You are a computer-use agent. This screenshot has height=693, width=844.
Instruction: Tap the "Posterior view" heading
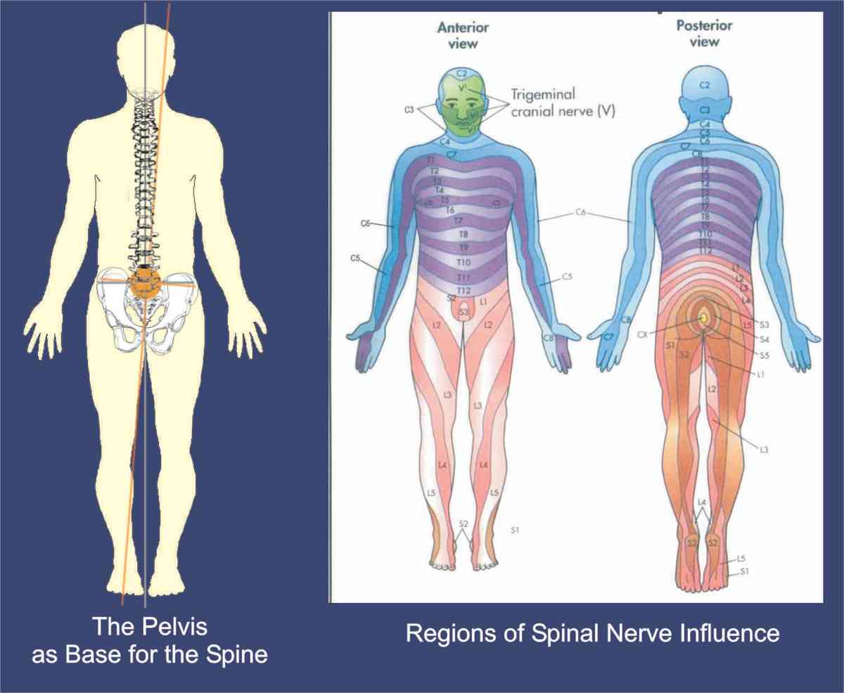point(704,34)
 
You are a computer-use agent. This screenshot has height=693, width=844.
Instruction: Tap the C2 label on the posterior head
point(705,85)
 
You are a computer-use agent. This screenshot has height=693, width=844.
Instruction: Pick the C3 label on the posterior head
point(705,110)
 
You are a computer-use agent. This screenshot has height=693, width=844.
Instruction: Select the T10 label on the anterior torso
point(463,262)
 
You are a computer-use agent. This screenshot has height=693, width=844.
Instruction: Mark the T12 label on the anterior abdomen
point(463,290)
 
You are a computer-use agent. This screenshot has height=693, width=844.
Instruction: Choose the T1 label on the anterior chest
point(431,161)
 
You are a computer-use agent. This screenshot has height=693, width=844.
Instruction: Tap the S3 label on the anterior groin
point(463,311)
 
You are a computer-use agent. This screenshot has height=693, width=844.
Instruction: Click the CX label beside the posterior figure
point(661,335)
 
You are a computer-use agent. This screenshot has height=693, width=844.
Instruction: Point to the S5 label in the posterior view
point(765,356)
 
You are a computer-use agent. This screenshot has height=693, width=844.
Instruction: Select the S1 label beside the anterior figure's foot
point(515,529)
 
